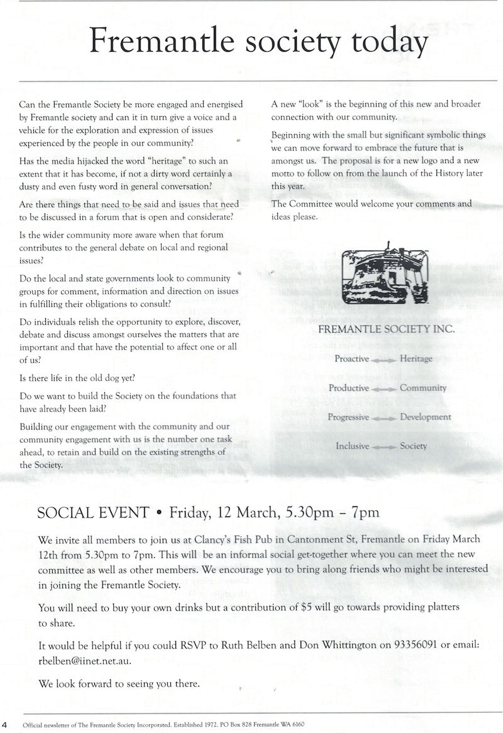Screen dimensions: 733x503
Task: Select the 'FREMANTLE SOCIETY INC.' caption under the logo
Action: point(386,329)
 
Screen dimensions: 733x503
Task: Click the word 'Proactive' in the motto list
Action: point(351,359)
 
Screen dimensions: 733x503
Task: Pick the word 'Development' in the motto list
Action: point(426,417)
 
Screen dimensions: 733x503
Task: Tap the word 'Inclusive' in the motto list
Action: point(352,446)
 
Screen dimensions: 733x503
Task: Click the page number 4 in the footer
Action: point(5,724)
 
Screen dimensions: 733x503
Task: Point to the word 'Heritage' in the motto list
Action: point(416,359)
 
